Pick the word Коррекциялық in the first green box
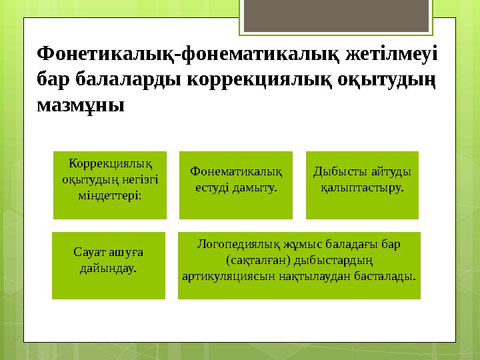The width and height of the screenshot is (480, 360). tap(110, 164)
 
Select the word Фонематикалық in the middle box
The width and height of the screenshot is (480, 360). tap(236, 172)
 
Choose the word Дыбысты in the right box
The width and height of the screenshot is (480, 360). tap(339, 172)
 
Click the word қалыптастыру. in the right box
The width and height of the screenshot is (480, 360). tap(362, 188)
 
